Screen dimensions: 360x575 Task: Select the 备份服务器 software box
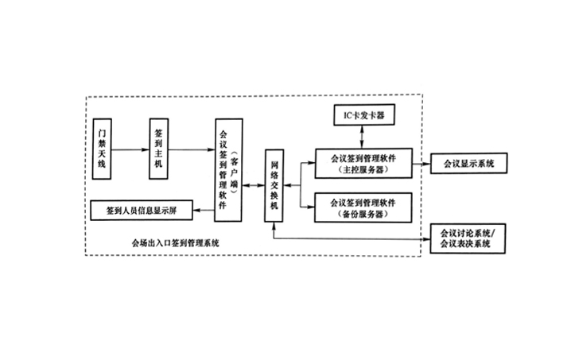point(363,208)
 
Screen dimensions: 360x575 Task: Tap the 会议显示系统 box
point(468,164)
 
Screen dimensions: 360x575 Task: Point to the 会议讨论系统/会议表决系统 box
point(468,238)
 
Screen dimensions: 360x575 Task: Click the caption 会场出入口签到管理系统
point(176,242)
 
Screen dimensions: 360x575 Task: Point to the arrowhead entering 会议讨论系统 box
point(423,238)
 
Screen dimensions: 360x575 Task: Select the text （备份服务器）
point(363,215)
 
